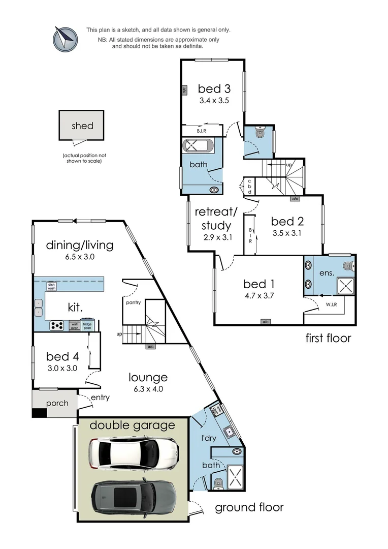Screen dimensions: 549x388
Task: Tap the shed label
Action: [82, 126]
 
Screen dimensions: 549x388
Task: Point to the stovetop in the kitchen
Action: [56, 325]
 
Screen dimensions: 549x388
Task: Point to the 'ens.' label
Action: [327, 273]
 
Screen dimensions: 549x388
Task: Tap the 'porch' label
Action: [57, 403]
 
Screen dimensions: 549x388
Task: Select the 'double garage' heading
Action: [132, 425]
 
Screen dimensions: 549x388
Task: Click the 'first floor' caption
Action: [328, 338]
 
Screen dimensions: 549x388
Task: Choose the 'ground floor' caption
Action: [249, 507]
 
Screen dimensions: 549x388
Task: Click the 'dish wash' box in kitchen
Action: [51, 286]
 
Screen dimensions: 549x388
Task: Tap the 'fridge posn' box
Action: [87, 325]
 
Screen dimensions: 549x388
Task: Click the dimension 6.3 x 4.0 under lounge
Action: [148, 389]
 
